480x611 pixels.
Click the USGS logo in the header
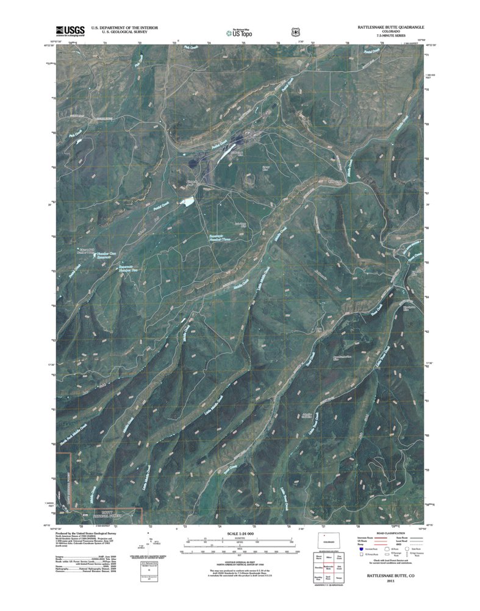pyautogui.click(x=70, y=31)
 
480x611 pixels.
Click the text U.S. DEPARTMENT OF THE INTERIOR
pyautogui.click(x=124, y=28)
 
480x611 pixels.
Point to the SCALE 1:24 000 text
pyautogui.click(x=240, y=534)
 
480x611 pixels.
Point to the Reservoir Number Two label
pyautogui.click(x=126, y=270)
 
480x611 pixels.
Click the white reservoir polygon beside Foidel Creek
pyautogui.click(x=187, y=201)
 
